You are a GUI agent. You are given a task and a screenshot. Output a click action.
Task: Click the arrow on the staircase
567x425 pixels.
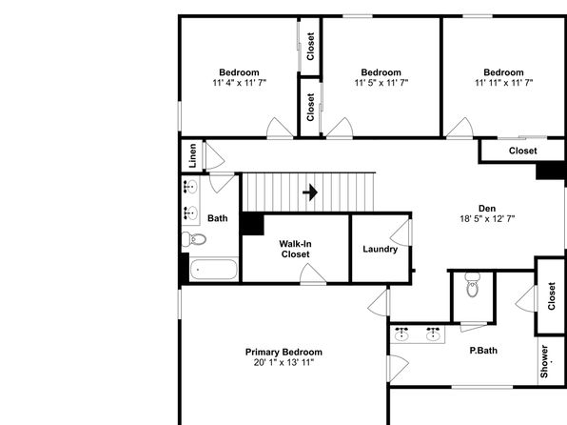tap(310, 192)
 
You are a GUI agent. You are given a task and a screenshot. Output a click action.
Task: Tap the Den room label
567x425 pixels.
tap(487, 209)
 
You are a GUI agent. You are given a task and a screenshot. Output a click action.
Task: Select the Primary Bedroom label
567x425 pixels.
tap(283, 352)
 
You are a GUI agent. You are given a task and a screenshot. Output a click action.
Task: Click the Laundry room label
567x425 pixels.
tap(380, 250)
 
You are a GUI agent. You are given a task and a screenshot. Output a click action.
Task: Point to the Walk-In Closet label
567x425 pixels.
tap(296, 249)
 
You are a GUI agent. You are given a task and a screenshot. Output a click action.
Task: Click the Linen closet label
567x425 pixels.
tap(193, 155)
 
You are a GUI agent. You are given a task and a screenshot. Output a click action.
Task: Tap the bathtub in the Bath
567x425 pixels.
tap(213, 270)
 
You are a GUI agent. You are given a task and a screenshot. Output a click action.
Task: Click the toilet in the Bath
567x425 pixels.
tap(194, 239)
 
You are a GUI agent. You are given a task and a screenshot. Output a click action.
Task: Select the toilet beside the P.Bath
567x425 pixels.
tap(472, 285)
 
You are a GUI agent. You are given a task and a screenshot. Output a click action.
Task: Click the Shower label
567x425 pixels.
tap(544, 361)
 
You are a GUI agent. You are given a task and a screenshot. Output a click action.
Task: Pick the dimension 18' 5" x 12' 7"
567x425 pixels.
tap(487, 219)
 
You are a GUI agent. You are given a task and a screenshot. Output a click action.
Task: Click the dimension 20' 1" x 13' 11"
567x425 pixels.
tap(283, 362)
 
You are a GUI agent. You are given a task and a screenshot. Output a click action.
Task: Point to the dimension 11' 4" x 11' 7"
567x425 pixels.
tap(240, 83)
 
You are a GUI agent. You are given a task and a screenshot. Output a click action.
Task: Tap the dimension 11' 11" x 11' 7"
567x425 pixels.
tap(503, 83)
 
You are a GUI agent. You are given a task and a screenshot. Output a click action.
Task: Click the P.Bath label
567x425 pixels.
tap(483, 351)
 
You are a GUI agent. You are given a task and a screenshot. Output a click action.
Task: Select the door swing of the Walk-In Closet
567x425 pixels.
tap(313, 273)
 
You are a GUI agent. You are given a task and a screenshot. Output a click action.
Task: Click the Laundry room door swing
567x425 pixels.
tap(401, 233)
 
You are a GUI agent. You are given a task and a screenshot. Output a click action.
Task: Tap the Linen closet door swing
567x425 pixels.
tap(215, 156)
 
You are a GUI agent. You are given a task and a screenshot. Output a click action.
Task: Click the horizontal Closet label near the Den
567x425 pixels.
tap(522, 151)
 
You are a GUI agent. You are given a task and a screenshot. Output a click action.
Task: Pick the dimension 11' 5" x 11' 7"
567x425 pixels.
tap(381, 83)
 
